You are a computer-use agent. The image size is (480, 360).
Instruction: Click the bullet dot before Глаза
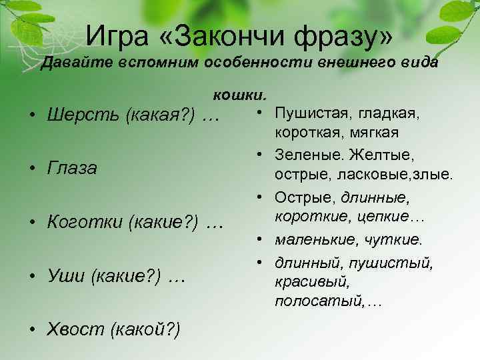(32, 169)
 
